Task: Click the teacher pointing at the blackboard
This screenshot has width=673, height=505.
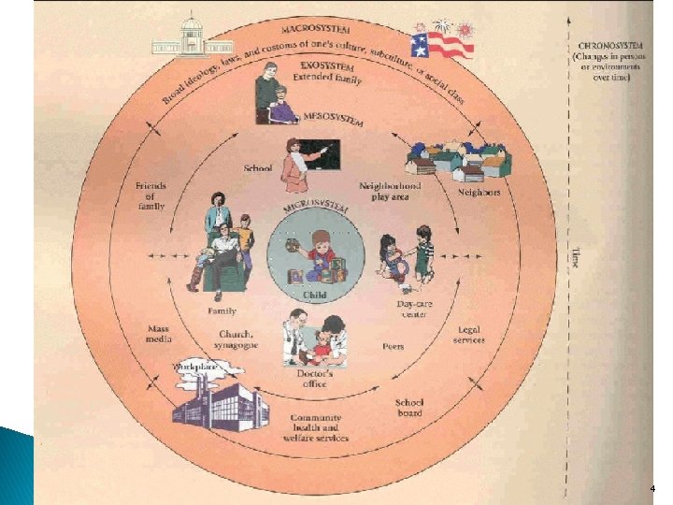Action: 306,162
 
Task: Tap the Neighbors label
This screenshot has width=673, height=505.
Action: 478,193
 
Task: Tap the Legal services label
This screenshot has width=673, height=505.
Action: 469,334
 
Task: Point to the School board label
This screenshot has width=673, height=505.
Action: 408,407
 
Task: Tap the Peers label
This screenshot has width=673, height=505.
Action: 394,346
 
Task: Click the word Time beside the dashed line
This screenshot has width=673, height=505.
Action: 574,255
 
